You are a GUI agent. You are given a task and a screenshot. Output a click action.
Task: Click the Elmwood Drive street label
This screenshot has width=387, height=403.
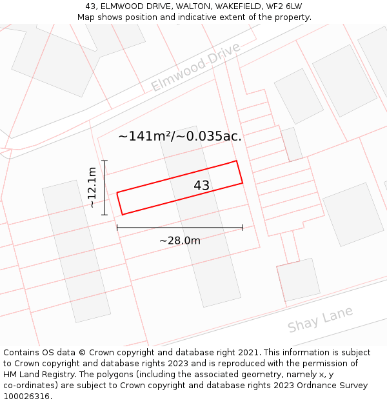(195, 66)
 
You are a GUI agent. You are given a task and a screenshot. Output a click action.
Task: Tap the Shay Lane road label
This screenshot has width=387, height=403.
(320, 319)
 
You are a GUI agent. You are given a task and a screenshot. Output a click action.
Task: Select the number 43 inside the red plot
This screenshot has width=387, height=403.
(202, 186)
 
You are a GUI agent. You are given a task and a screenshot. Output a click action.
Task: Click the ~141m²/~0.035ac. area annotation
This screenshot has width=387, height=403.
(180, 136)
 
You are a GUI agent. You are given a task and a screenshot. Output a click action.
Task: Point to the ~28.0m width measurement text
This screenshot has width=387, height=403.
(180, 241)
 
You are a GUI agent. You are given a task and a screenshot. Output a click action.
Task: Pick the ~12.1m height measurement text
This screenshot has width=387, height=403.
(92, 187)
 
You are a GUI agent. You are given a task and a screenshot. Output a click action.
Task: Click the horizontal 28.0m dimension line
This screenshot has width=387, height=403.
(179, 227)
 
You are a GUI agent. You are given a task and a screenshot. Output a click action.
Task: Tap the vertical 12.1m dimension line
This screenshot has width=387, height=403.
(104, 188)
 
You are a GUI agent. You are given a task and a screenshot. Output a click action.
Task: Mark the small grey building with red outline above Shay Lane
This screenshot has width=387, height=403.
(299, 279)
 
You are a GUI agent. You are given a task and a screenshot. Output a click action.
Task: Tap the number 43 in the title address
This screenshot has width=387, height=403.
(91, 6)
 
